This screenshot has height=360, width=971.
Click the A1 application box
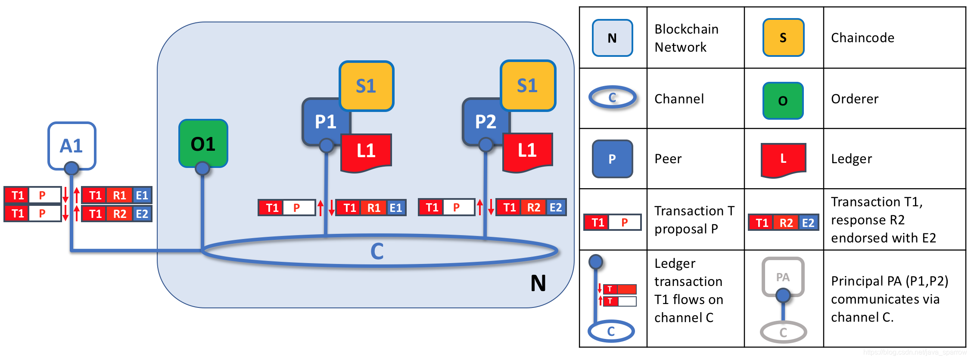click(72, 146)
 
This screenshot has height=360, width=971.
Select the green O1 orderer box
click(203, 143)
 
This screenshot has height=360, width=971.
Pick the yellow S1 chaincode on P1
click(366, 86)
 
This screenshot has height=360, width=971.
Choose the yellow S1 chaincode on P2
click(528, 85)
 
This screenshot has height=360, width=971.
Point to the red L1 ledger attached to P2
click(527, 151)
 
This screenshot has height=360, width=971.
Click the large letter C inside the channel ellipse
click(377, 251)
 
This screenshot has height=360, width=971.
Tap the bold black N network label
click(538, 283)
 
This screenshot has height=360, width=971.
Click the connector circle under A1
click(72, 168)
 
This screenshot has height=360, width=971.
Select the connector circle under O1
click(202, 168)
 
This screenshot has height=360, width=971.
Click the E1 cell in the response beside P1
click(396, 208)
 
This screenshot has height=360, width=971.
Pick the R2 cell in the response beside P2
click(533, 208)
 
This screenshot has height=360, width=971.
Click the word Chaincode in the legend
click(862, 38)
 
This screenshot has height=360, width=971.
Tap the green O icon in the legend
click(783, 101)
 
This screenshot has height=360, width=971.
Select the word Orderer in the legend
click(855, 99)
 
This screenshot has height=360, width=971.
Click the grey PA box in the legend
click(783, 277)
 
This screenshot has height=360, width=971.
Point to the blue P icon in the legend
click(612, 159)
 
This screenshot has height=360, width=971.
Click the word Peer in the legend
click(668, 159)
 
